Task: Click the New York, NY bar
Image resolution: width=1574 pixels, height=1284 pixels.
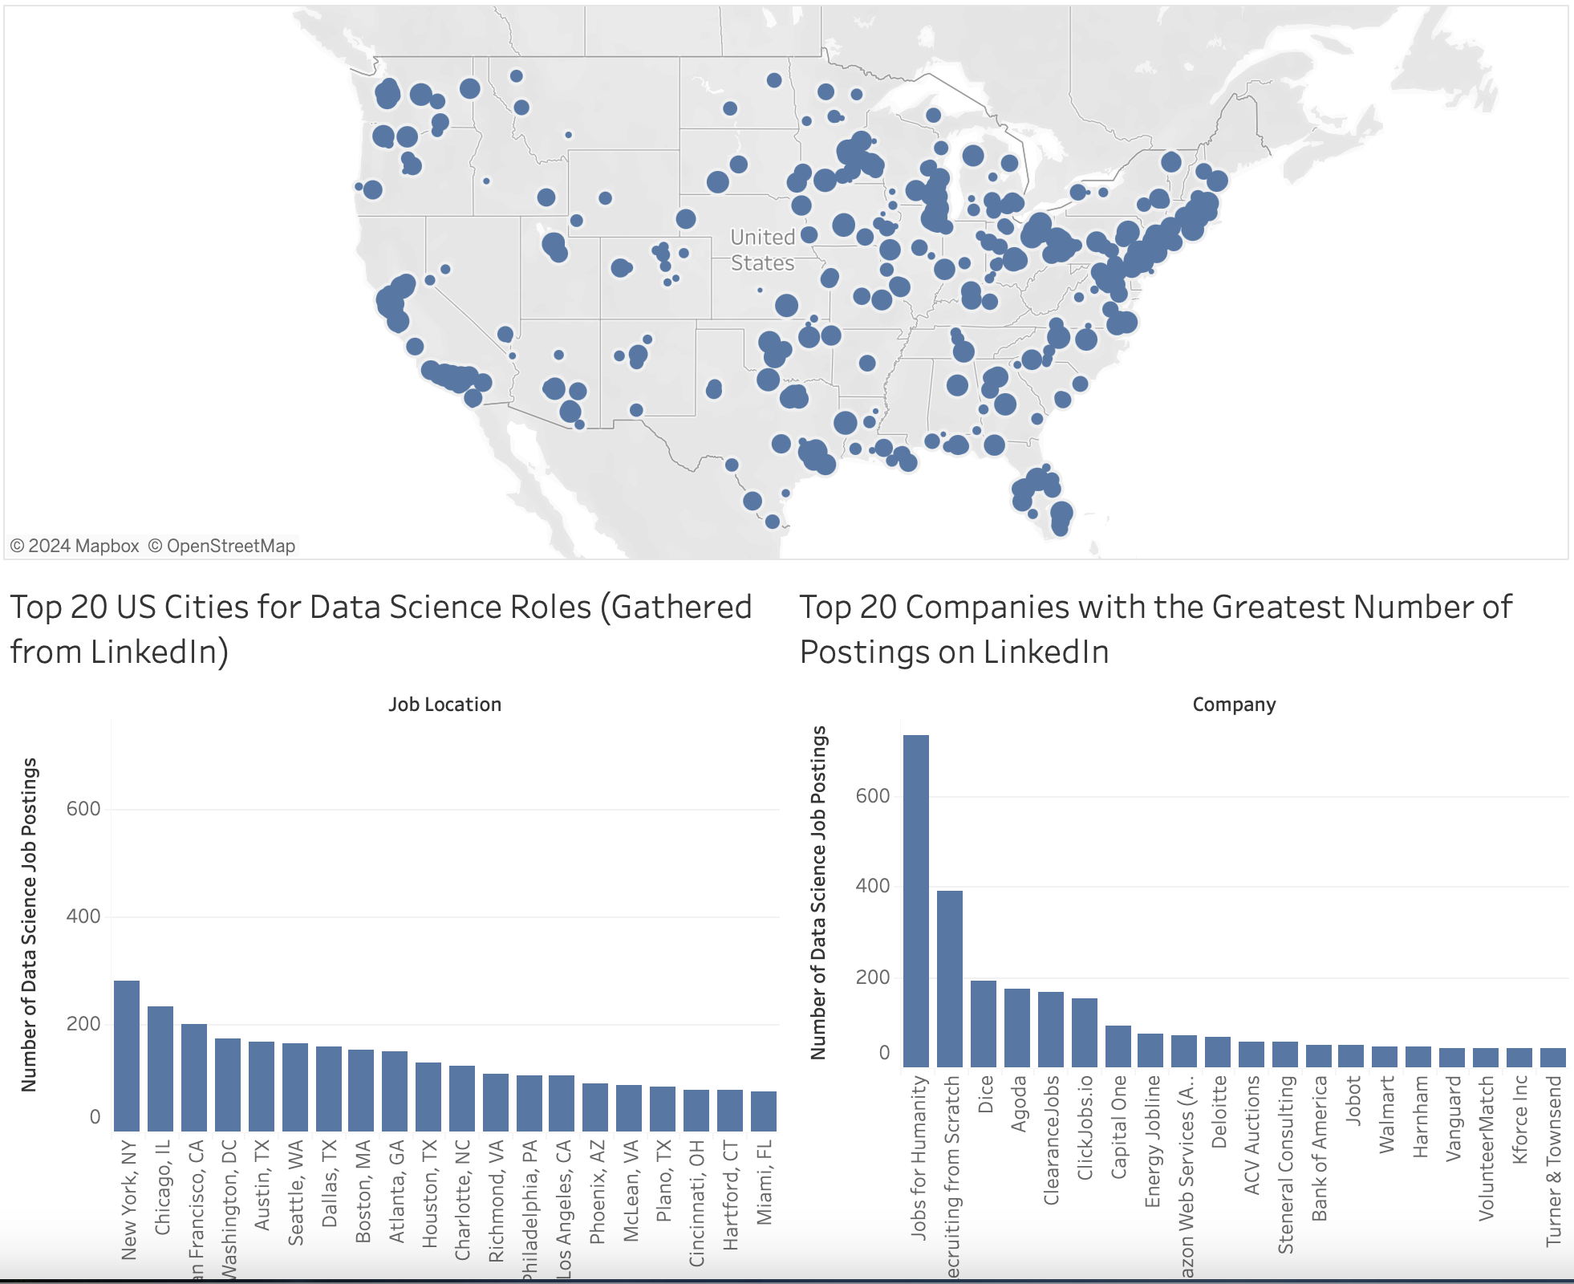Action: tap(127, 1055)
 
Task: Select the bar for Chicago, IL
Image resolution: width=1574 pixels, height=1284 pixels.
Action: tap(160, 1068)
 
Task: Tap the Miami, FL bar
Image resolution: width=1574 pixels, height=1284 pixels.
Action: tap(764, 1111)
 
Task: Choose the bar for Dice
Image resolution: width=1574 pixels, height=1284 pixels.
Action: tap(984, 1023)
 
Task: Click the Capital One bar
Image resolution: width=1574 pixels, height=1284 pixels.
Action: tap(1118, 1046)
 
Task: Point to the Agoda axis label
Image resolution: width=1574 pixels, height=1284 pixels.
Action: tap(1018, 1103)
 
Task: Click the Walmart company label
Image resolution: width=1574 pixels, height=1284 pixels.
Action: tap(1387, 1115)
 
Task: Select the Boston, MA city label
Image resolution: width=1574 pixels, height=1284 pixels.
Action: tap(363, 1191)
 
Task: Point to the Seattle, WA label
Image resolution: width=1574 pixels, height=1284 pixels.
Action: tap(296, 1193)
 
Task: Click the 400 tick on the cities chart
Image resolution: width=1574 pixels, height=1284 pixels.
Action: tap(83, 916)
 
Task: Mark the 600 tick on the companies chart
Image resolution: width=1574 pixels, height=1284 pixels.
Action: tap(873, 796)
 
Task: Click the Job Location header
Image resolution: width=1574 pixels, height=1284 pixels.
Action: tap(444, 705)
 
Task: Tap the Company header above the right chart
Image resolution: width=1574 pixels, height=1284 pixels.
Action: tap(1234, 705)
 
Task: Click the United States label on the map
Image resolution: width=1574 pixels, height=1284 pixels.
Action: tap(762, 250)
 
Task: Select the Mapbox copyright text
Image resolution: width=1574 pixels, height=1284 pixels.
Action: tap(75, 546)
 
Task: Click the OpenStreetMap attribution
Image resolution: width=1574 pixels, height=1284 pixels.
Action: tap(222, 546)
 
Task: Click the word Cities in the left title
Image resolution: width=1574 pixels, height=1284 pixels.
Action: tap(207, 607)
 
